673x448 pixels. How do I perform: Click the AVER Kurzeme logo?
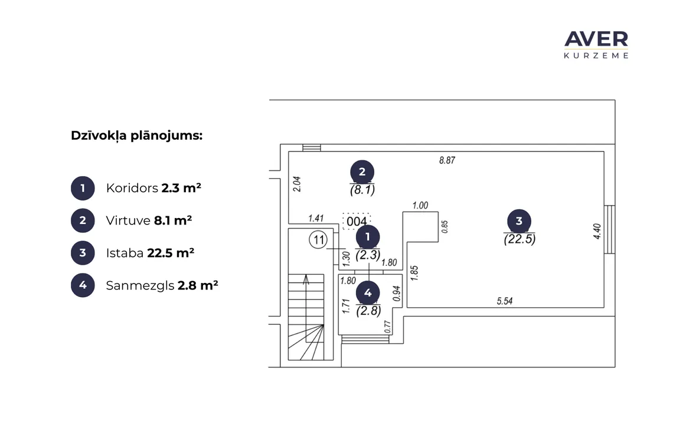click(596, 45)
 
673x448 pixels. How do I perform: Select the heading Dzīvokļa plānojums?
click(136, 136)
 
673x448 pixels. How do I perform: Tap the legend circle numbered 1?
click(83, 188)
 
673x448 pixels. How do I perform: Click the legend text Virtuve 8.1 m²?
click(149, 220)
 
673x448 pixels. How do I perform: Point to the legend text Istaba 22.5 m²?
click(150, 253)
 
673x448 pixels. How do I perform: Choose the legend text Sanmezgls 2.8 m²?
click(162, 285)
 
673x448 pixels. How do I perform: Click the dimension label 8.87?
click(447, 160)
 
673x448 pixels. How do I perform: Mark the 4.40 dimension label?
click(597, 231)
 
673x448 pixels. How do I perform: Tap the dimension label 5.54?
click(505, 301)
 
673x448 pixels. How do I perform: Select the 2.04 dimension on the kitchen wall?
click(296, 184)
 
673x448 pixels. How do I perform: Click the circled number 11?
click(318, 239)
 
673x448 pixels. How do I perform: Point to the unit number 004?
click(357, 222)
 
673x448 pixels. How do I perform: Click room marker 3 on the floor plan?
click(519, 221)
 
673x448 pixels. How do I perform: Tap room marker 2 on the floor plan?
click(362, 172)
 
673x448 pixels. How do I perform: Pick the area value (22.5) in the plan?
click(520, 239)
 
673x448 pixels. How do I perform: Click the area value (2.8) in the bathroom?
click(369, 311)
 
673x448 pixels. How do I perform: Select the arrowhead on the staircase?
click(306, 279)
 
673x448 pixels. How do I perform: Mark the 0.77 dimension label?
click(388, 327)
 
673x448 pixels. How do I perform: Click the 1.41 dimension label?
click(316, 218)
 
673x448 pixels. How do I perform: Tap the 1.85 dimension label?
click(414, 273)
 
